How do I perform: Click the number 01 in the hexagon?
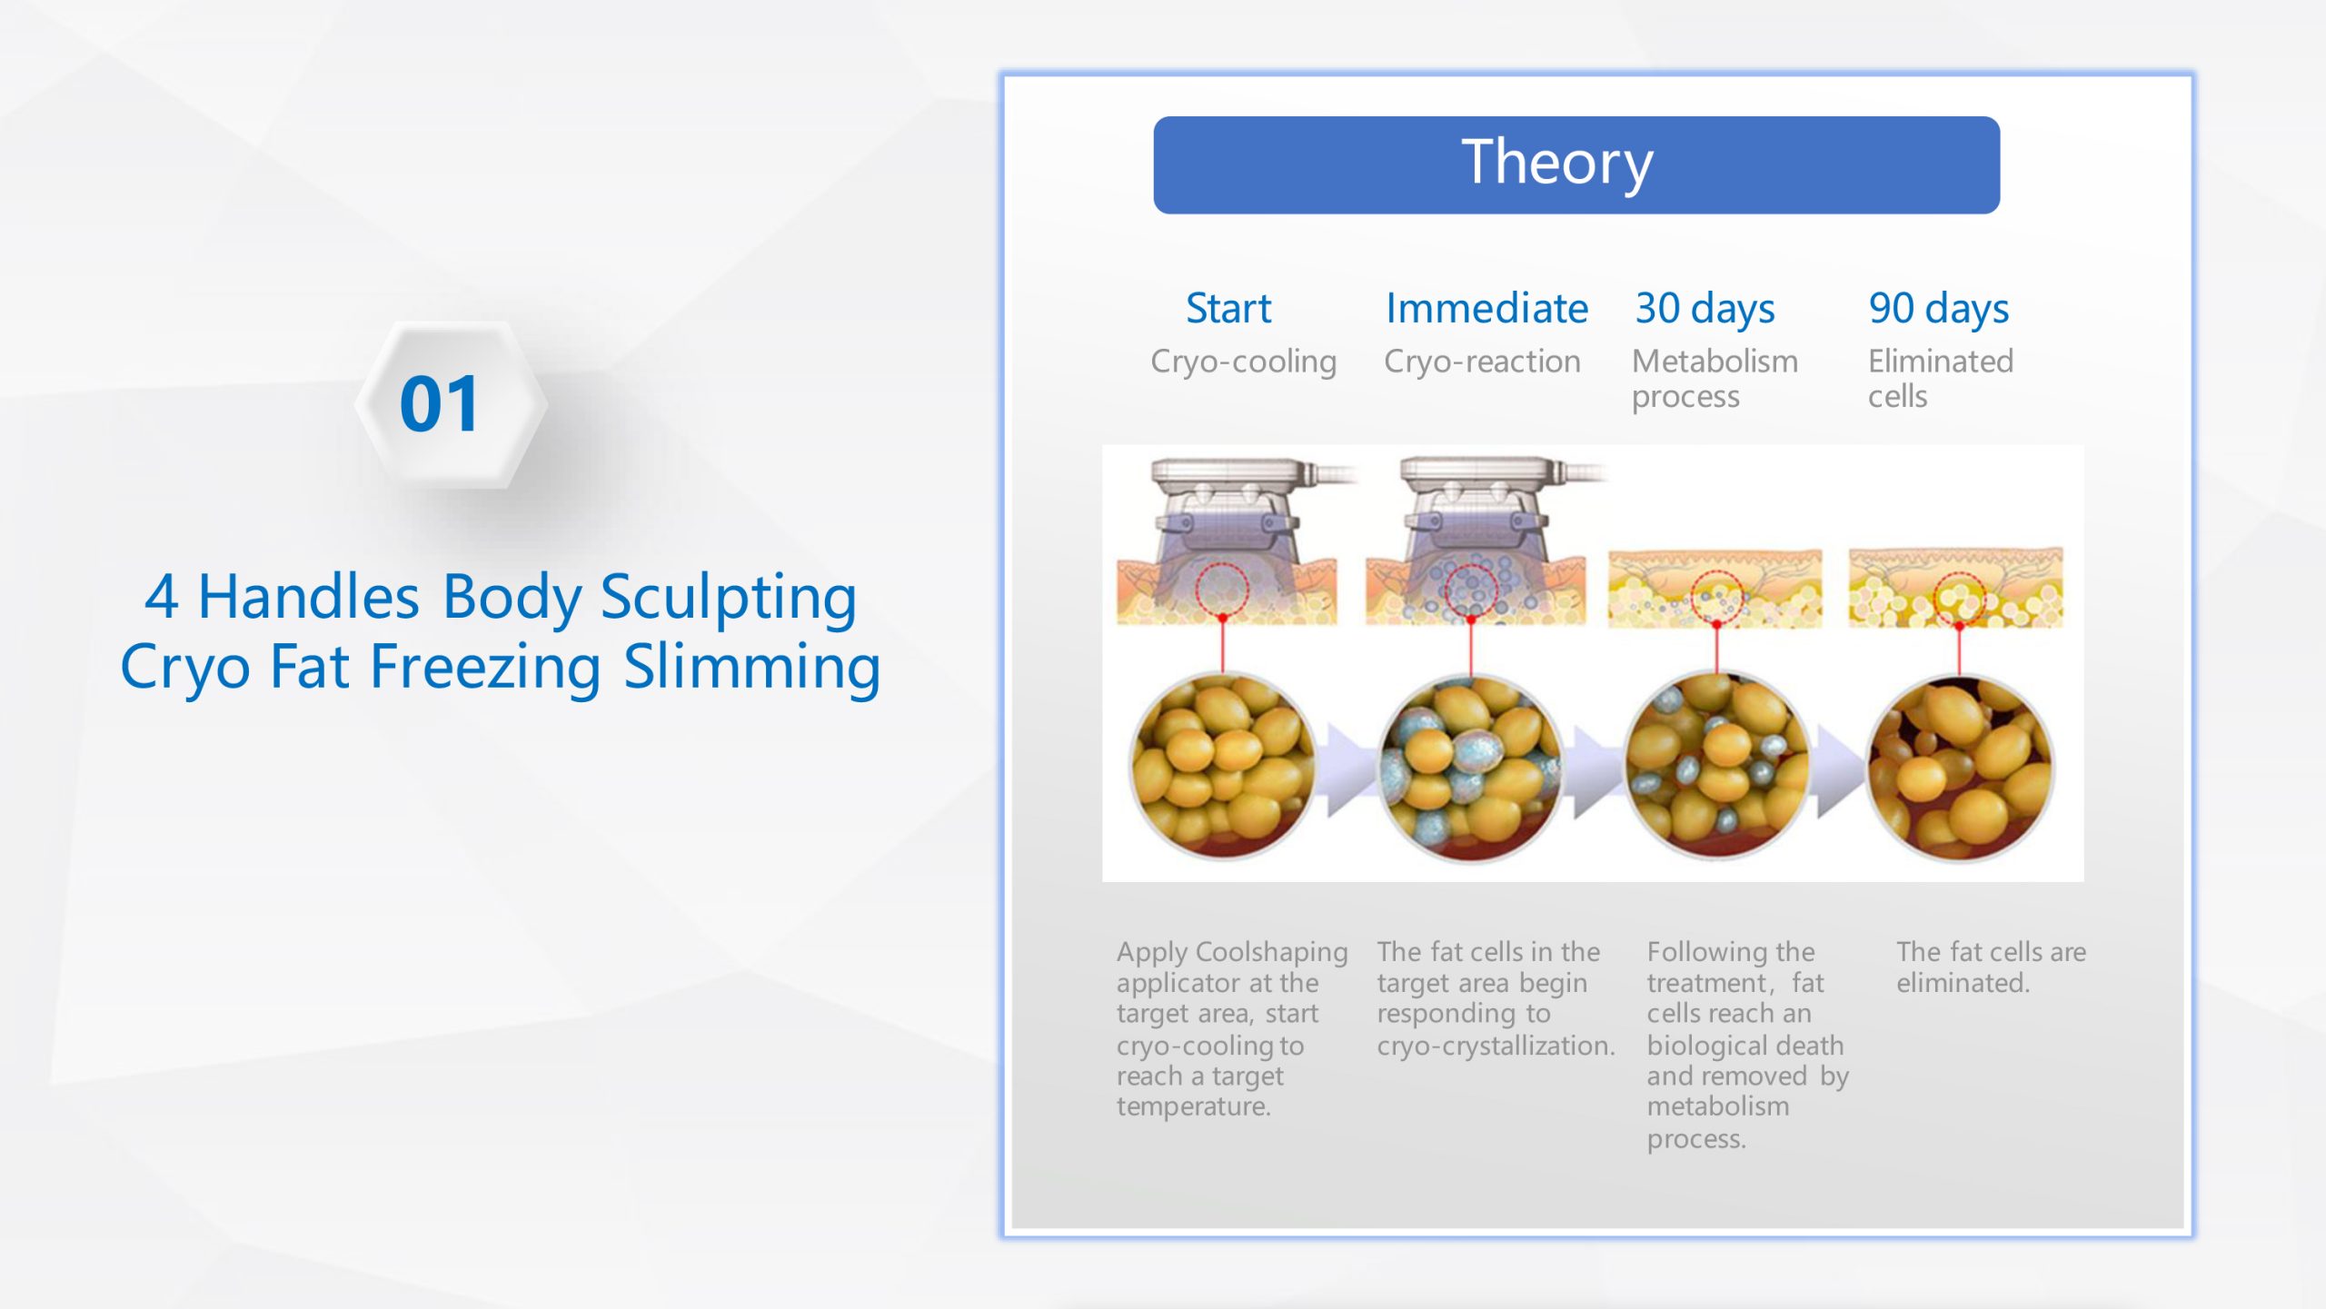[439, 404]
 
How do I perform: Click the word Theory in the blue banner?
[1557, 164]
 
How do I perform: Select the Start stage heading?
[1228, 309]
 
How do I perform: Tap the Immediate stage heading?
[1486, 309]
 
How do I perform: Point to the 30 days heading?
[1705, 310]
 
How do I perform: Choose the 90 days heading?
[1939, 310]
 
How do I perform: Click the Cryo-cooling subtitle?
[1243, 362]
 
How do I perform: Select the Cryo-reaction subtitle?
[1482, 362]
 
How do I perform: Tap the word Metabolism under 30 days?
[1715, 362]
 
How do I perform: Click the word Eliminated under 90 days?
[1941, 362]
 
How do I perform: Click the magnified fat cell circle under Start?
[1221, 766]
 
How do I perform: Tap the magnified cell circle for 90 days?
[1960, 768]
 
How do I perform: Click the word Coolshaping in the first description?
[1271, 953]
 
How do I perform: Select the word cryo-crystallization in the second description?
[1496, 1046]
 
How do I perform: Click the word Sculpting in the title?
[729, 599]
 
